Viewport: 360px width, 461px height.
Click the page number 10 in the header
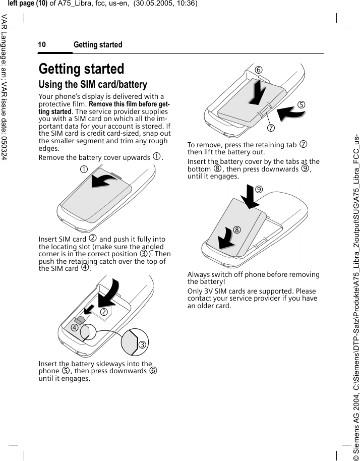[x=42, y=45]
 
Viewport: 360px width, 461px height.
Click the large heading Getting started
[x=81, y=69]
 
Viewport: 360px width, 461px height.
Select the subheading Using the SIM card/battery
[x=93, y=84]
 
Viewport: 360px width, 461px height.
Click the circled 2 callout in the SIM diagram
[x=105, y=312]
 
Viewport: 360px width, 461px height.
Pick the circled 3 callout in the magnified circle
[x=143, y=345]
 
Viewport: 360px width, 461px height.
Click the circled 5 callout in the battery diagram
[x=301, y=105]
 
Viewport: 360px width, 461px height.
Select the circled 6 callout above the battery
[x=258, y=70]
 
